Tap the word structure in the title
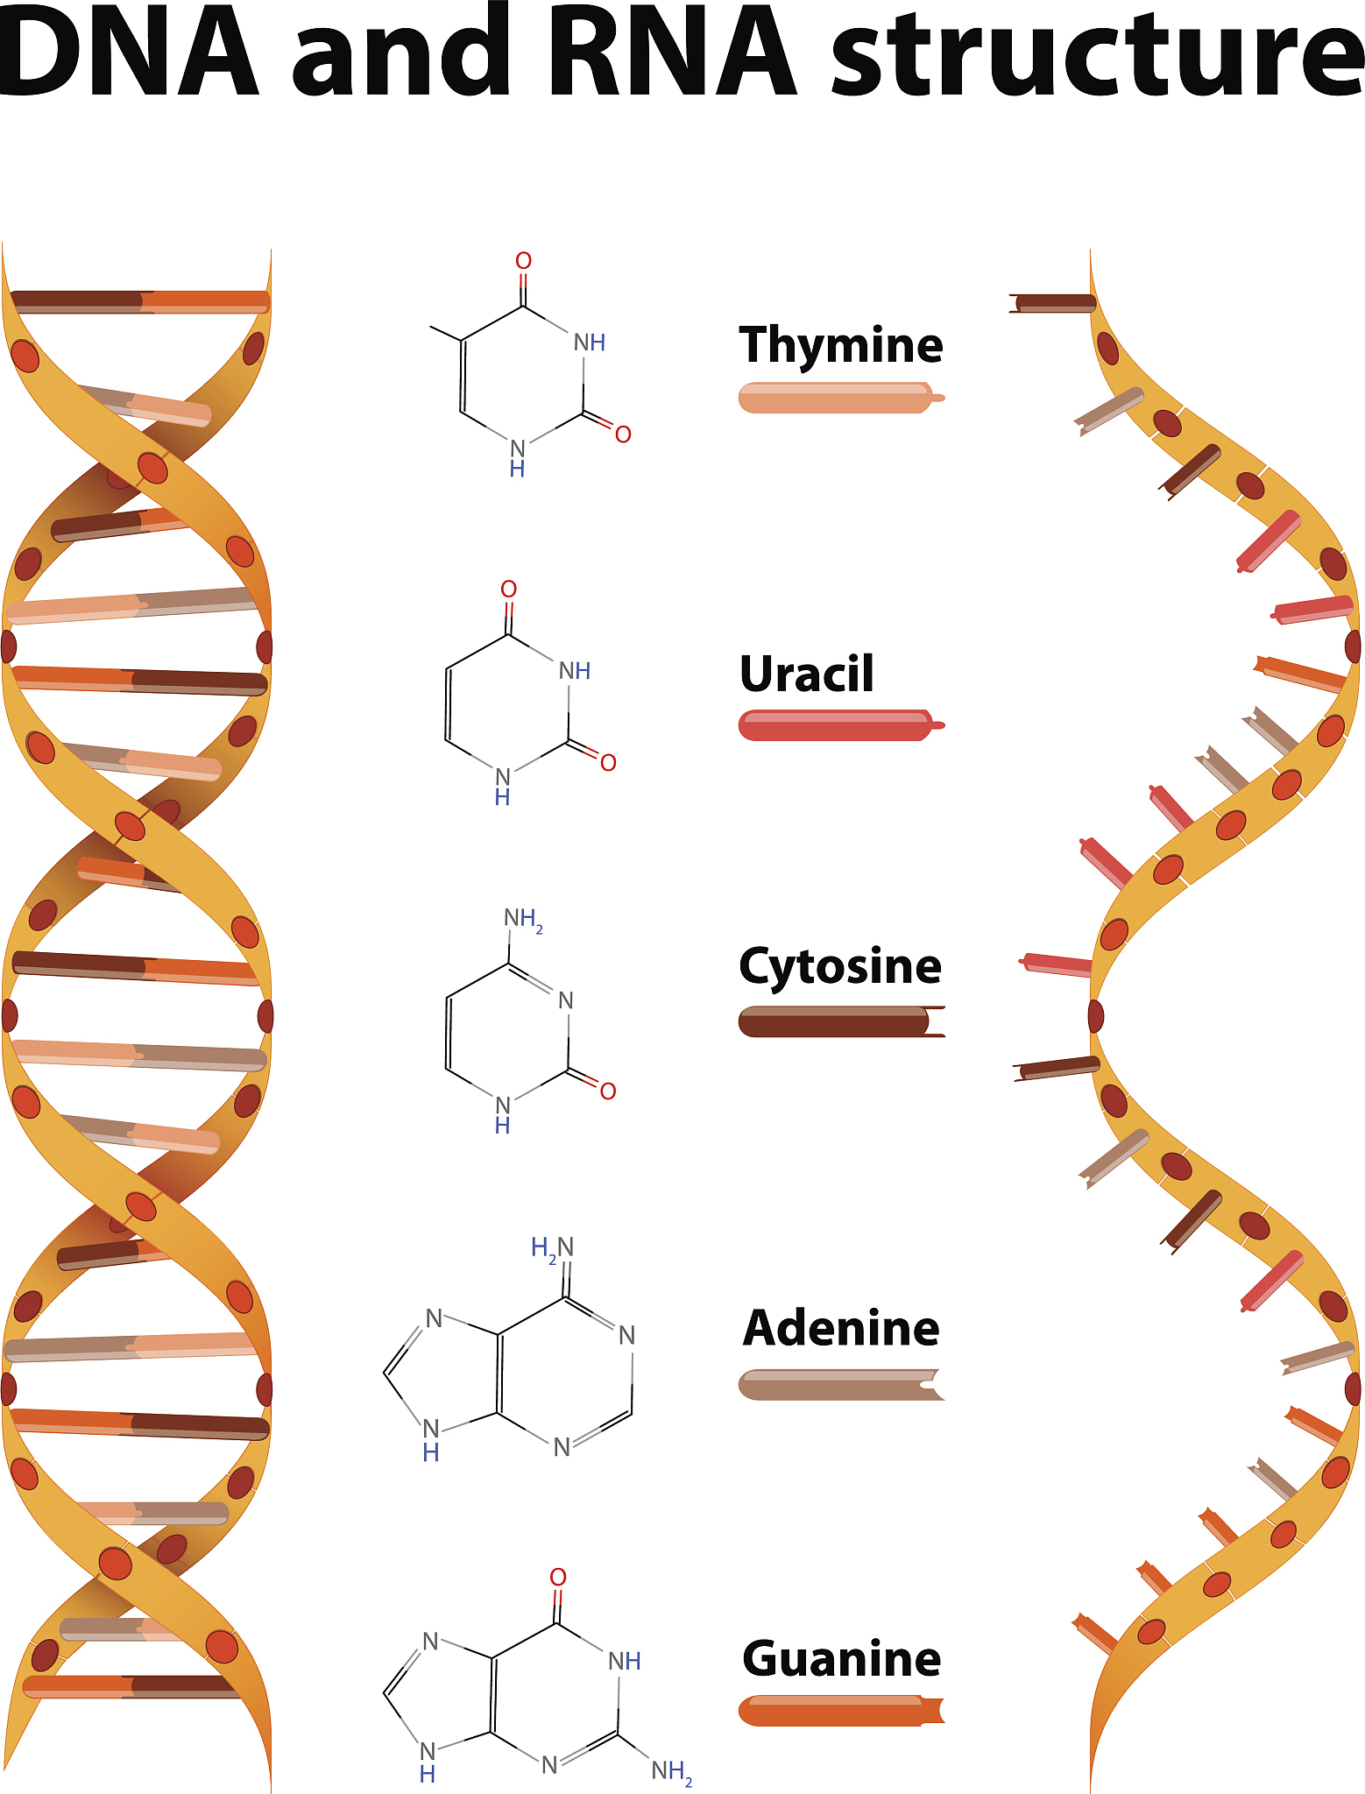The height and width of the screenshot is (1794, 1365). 1096,53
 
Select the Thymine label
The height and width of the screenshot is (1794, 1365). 841,345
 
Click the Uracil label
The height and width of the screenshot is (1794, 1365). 807,674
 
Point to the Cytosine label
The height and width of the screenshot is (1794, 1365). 840,967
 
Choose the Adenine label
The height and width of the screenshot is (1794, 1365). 841,1328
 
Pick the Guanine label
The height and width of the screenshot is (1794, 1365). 841,1658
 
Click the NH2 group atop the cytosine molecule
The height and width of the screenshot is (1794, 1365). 523,919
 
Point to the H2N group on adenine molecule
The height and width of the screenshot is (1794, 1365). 552,1247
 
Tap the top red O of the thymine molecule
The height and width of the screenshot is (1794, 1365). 523,261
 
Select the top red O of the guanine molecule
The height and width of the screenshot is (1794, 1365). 558,1578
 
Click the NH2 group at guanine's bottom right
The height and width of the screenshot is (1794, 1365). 672,1771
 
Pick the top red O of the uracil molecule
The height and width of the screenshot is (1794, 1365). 509,589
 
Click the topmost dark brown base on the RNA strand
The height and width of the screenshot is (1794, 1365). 1053,304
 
